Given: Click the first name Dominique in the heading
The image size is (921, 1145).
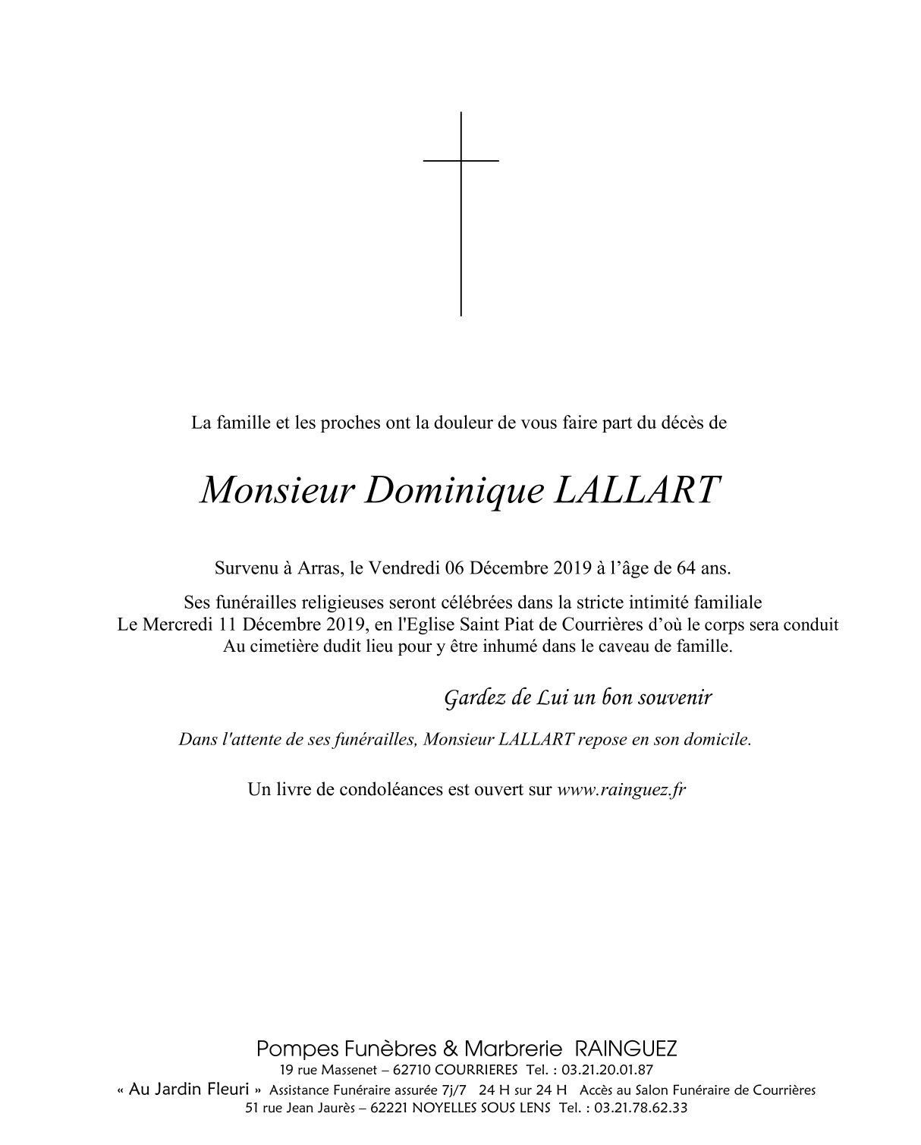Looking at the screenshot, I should tap(454, 491).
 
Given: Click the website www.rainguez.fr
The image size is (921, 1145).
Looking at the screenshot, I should tap(621, 789).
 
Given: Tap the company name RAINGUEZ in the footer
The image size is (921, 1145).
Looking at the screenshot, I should tap(626, 1049).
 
